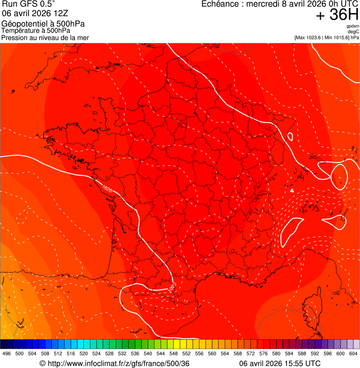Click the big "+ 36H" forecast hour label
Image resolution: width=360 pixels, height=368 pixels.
coord(337,15)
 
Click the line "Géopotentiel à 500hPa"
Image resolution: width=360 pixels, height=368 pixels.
coord(43,24)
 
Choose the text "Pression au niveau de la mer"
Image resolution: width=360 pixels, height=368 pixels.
coord(45,37)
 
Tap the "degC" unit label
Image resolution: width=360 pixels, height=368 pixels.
coord(353,32)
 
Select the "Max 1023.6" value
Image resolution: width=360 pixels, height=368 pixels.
coord(310,37)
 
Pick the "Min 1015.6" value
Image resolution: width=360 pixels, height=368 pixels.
coord(337,37)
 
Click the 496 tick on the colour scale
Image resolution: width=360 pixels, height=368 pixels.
coord(7,353)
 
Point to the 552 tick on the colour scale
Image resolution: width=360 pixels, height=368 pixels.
coord(186,353)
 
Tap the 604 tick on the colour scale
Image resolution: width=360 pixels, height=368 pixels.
coord(353,353)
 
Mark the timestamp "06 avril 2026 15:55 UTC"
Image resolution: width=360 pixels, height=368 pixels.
coord(280,364)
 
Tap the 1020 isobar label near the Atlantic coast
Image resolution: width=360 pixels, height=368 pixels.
coord(107,190)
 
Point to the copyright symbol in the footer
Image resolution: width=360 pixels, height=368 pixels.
coord(43,364)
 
